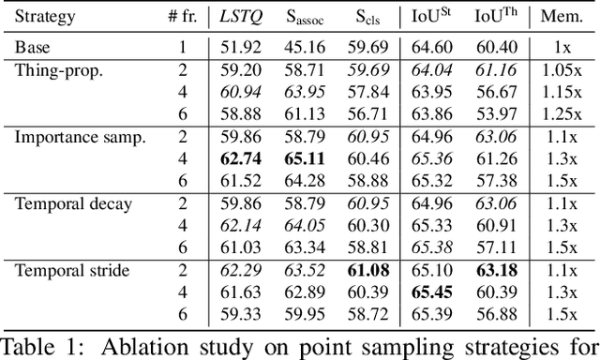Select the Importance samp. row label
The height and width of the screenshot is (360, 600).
(80, 137)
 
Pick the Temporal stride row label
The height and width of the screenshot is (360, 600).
(73, 272)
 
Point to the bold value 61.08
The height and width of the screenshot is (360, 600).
(368, 272)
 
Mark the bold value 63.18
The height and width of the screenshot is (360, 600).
(496, 272)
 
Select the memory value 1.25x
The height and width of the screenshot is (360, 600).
(562, 114)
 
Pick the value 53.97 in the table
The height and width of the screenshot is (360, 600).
(496, 114)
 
